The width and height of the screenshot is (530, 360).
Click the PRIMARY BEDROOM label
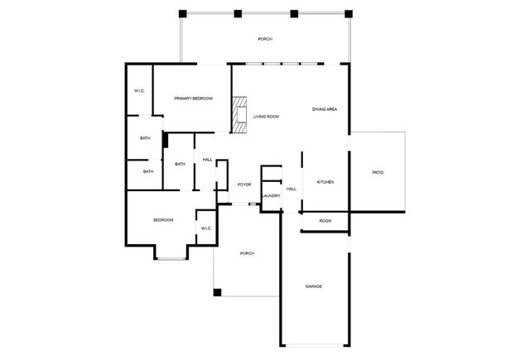coord(193,98)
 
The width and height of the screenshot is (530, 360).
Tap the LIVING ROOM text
coord(267,117)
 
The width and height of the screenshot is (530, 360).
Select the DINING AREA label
coord(325,109)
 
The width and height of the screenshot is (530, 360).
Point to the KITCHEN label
coord(325,182)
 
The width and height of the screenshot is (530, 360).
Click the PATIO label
coord(378,173)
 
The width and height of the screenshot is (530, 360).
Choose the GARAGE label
coord(314,286)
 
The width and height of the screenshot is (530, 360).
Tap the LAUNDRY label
coord(271,196)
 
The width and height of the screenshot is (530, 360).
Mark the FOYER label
coord(244,185)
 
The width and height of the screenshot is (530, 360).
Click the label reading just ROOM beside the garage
coord(325,221)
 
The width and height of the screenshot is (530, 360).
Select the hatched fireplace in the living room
coord(239,114)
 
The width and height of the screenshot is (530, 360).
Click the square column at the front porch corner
coord(217,292)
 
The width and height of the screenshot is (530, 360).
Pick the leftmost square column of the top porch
coord(182,14)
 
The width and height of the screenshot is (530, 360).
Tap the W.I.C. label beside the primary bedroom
coord(139,91)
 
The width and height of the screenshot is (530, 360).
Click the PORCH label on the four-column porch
coord(265,39)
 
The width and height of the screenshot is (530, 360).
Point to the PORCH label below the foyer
coord(247,253)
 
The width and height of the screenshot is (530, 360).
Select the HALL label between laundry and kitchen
coord(291,190)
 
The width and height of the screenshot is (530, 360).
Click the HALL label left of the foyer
coord(208,160)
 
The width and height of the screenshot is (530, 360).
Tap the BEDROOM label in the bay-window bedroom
coord(163,220)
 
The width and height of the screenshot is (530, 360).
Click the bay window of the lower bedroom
coord(171,259)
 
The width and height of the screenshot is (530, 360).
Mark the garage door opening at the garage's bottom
coord(315,345)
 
